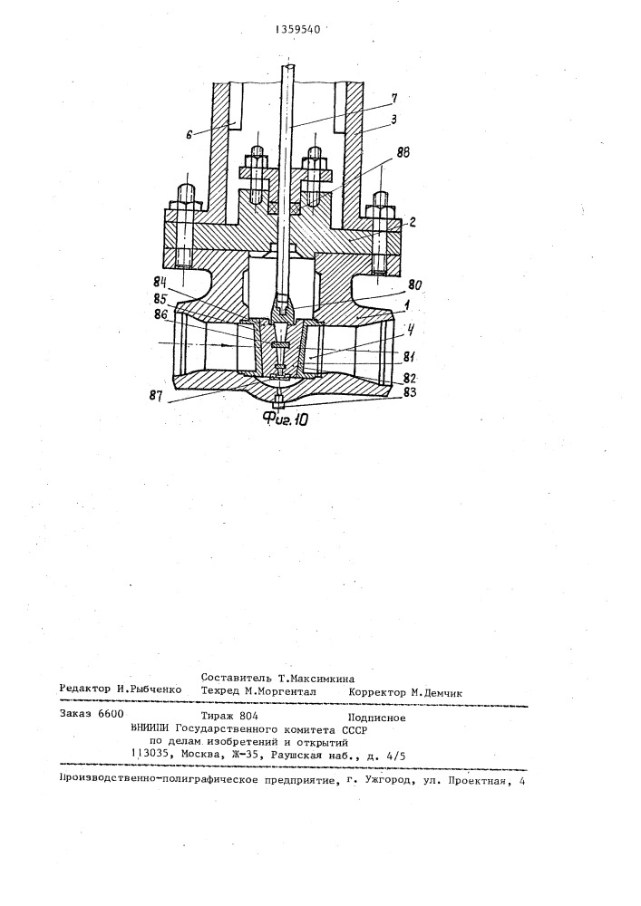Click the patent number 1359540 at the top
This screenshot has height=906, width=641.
298,30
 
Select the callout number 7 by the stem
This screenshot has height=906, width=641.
393,98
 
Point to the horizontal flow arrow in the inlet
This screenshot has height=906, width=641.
197,344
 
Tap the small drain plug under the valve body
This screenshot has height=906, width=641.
279,400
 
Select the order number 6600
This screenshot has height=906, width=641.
110,714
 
